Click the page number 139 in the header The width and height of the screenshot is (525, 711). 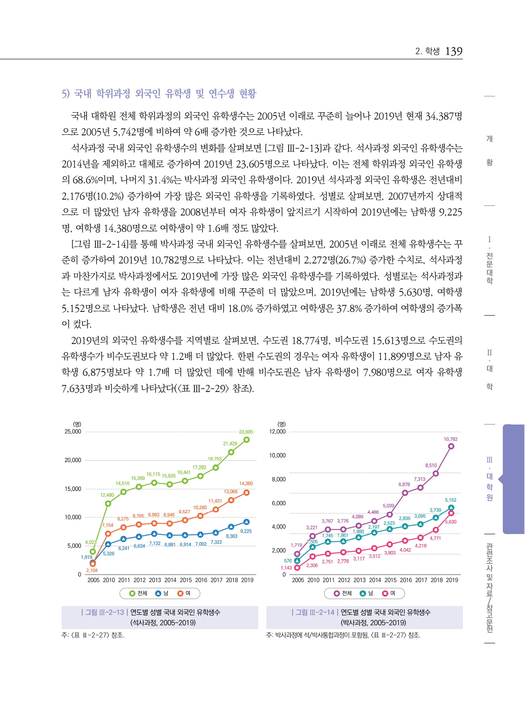453,51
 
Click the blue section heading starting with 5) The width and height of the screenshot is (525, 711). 159,94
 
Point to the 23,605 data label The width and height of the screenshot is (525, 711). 246,432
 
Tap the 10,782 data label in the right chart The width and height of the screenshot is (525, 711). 450,439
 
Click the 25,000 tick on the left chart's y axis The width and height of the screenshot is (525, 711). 73,432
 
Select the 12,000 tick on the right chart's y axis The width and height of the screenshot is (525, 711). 277,432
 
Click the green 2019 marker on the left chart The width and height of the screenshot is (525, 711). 246,440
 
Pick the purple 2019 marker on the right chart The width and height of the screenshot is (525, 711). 451,446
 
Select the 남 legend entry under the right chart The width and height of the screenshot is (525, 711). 366,593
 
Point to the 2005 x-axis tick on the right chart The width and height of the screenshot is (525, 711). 298,580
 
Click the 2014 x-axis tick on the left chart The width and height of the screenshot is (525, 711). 170,580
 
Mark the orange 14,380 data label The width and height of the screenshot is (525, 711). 246,483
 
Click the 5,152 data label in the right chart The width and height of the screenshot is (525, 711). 450,500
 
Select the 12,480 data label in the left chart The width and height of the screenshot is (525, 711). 107,495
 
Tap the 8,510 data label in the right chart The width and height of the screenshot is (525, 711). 431,465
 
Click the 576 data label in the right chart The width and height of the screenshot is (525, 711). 288,561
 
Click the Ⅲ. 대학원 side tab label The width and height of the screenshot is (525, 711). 489,479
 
